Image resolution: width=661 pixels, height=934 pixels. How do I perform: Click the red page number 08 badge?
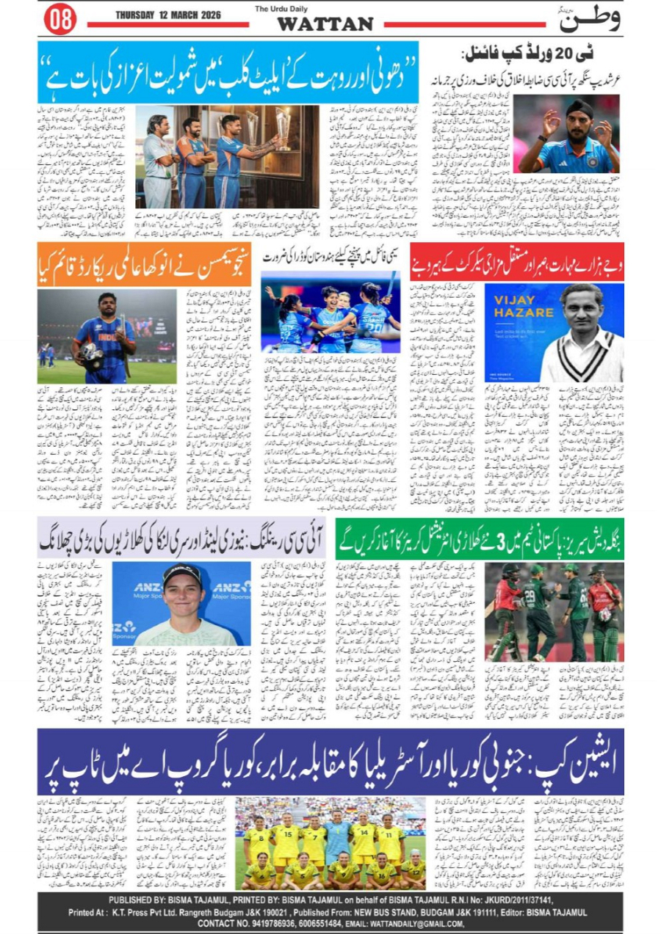tap(60, 20)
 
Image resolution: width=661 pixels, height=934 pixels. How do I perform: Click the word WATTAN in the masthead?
tap(325, 24)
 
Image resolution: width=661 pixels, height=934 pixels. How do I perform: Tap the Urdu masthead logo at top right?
tap(589, 20)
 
